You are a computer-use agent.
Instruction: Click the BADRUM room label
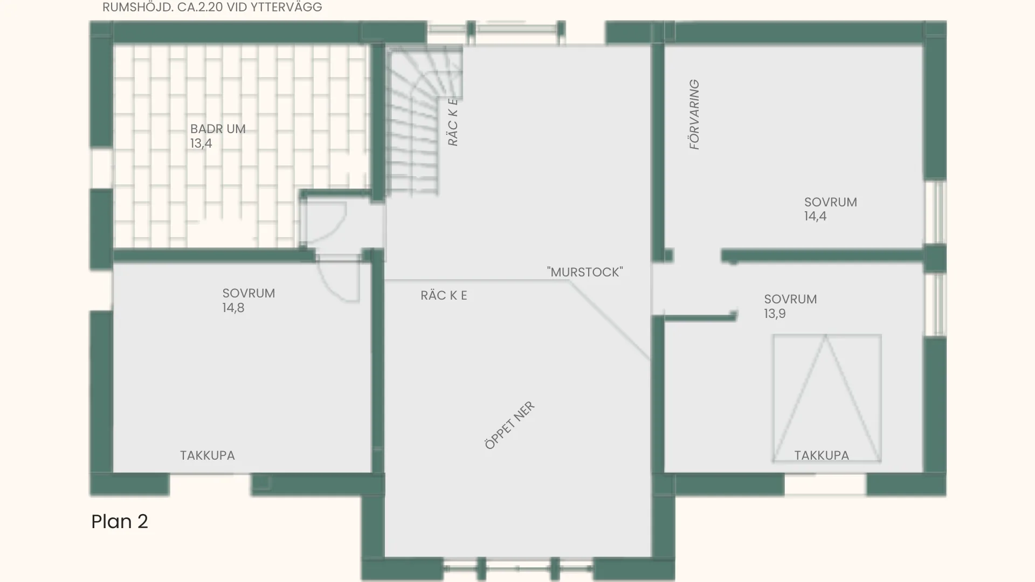coord(218,129)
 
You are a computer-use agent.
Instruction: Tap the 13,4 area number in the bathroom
coord(201,143)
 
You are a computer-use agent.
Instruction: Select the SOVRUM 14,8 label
coord(249,300)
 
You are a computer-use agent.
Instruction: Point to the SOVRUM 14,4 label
coord(830,209)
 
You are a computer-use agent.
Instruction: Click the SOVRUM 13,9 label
coord(790,306)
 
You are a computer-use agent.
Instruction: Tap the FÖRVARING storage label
coord(694,114)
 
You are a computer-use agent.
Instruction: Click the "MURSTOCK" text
coord(585,272)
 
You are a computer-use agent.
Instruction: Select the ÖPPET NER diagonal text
coord(509,425)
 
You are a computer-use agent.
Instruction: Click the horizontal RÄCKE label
coord(444,295)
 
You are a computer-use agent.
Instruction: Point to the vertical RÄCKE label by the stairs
coord(453,122)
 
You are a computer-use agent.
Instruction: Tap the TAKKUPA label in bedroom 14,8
coord(208,455)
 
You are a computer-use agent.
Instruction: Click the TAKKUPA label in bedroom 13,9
coord(822,455)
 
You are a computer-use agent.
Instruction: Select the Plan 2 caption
coord(120,521)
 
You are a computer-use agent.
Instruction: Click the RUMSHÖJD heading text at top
coord(212,8)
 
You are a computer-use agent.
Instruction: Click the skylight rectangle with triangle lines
coord(827,398)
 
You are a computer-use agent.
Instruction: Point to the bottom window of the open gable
coord(519,568)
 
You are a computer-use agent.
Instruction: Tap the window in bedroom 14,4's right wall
coord(936,212)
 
